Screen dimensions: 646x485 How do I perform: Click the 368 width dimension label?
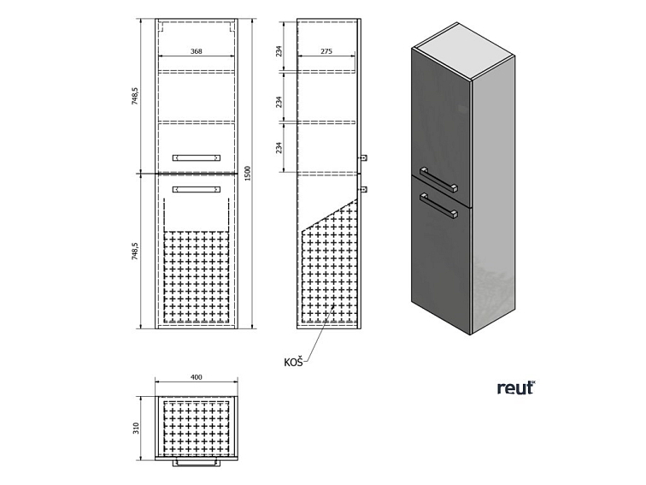[197, 51]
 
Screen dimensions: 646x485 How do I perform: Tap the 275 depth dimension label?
[326, 51]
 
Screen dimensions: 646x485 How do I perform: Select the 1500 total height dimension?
[248, 173]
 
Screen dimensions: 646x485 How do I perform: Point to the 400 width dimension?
[197, 377]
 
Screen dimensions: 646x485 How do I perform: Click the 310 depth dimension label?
[137, 428]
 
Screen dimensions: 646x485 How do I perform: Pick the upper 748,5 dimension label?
[135, 97]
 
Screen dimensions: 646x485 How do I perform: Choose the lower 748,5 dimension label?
[135, 251]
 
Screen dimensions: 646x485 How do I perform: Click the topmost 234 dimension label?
[279, 50]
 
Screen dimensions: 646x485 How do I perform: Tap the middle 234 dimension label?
[279, 102]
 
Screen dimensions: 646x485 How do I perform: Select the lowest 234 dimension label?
[279, 148]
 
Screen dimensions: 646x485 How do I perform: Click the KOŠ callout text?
[293, 362]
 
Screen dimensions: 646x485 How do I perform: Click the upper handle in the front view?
[197, 157]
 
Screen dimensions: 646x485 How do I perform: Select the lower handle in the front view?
[197, 189]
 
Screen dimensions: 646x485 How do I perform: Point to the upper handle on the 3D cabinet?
[438, 180]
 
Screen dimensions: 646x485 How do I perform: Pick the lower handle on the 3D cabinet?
[438, 205]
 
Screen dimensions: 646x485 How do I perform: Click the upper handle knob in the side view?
[363, 157]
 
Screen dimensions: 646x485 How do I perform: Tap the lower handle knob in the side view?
[363, 189]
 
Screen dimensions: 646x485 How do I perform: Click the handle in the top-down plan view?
[197, 463]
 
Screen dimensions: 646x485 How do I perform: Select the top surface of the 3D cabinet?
[464, 50]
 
